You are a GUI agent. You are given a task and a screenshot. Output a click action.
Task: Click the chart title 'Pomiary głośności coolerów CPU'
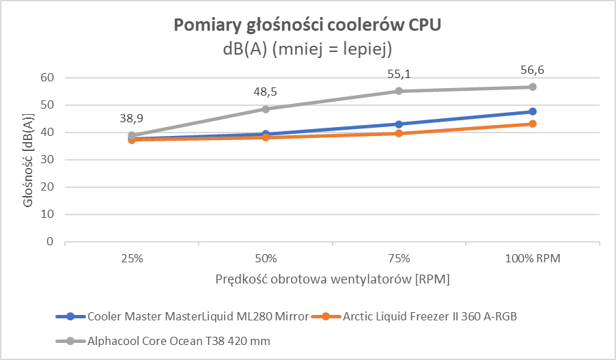[x=308, y=25]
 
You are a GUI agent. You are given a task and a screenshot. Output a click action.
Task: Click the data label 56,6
[x=531, y=70]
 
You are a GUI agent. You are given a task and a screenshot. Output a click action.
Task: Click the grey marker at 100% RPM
[x=533, y=87]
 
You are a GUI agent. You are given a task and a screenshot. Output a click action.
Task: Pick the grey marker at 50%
[x=266, y=109]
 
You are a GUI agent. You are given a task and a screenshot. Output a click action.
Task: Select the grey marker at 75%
[x=399, y=91]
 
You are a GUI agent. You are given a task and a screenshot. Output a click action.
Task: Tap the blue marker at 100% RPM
[x=533, y=111]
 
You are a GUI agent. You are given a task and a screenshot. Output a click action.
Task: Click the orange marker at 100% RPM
[x=533, y=124]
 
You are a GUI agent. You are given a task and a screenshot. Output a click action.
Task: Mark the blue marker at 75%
[x=399, y=124]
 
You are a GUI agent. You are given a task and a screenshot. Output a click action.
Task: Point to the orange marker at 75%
[x=399, y=133]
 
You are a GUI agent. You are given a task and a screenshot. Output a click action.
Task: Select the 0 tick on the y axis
[x=50, y=241]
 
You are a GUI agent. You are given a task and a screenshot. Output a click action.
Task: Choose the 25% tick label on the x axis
[x=132, y=259]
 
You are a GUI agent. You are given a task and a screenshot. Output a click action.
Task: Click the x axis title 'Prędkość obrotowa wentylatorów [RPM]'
[x=333, y=279]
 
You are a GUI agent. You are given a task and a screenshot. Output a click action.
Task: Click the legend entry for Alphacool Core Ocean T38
[x=171, y=340]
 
